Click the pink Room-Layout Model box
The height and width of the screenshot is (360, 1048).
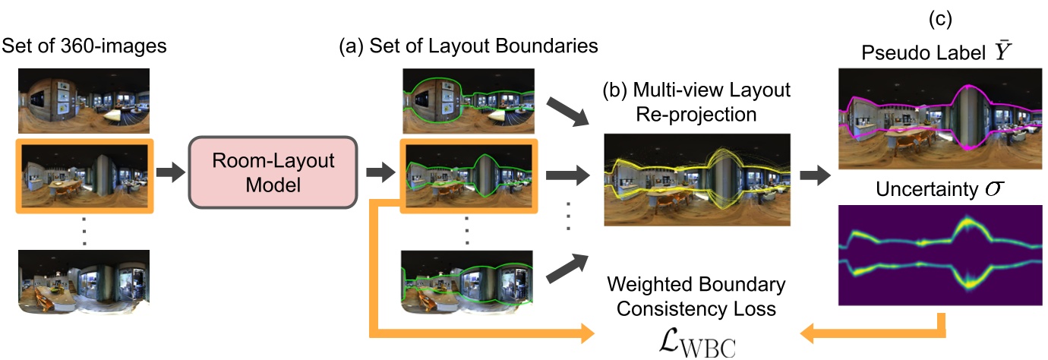pyautogui.click(x=272, y=172)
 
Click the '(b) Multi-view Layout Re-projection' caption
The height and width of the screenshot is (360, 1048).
pyautogui.click(x=696, y=102)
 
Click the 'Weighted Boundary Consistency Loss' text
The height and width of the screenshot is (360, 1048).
pyautogui.click(x=696, y=297)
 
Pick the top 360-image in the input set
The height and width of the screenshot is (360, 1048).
pyautogui.click(x=85, y=101)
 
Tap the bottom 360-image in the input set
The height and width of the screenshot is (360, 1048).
pyautogui.click(x=85, y=281)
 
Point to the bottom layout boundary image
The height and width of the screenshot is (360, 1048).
pyautogui.click(x=469, y=281)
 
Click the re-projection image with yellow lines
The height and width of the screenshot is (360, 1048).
pyautogui.click(x=696, y=180)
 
